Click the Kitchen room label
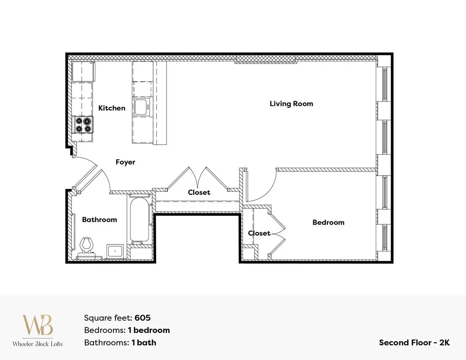click(x=112, y=108)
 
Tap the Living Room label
click(x=291, y=104)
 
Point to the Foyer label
click(x=126, y=162)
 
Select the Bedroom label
click(x=328, y=222)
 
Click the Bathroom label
click(x=100, y=220)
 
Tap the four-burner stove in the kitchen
click(x=83, y=125)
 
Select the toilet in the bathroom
click(x=87, y=248)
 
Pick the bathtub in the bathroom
click(x=140, y=220)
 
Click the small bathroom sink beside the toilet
click(x=115, y=250)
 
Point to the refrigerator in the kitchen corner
click(x=83, y=71)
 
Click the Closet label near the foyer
click(x=199, y=192)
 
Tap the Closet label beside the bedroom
click(x=259, y=233)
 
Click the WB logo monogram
click(x=38, y=325)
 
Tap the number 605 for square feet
click(x=143, y=318)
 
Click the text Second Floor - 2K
click(x=414, y=343)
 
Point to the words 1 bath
click(x=144, y=343)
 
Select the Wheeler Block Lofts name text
click(x=38, y=344)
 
